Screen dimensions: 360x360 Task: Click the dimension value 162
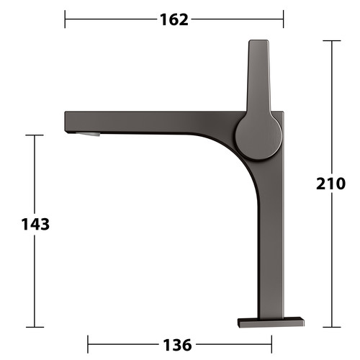pos(174,19)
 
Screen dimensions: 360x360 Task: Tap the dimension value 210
pos(330,184)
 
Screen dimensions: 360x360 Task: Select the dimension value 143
pos(35,225)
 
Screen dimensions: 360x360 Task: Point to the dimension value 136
pos(177,345)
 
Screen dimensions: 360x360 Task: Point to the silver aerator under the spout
pos(88,134)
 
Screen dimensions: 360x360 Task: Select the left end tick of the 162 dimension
pos(65,19)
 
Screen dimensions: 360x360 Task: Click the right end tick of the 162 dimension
pos(284,19)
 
